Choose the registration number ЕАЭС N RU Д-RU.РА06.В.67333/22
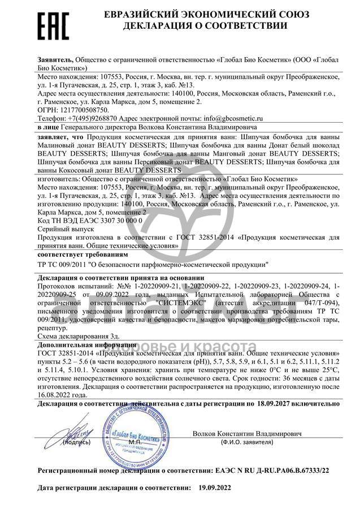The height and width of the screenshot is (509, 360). (x=266, y=470)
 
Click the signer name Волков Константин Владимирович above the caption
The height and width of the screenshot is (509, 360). (x=246, y=433)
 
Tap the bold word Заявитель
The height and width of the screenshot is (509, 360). (x=55, y=59)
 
